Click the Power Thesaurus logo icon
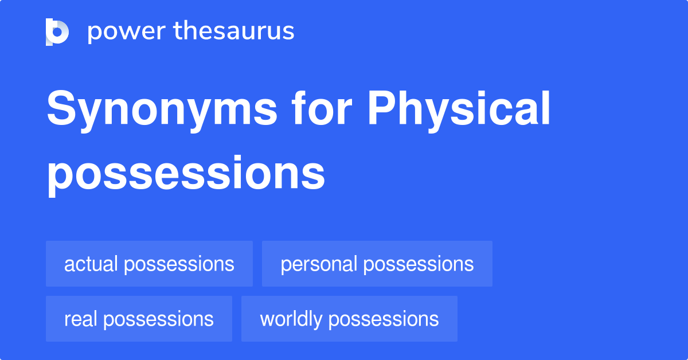(x=57, y=32)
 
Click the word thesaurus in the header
(x=234, y=30)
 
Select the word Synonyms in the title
(x=162, y=111)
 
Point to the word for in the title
(x=322, y=108)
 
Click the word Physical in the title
(x=459, y=111)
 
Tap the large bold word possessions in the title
(x=186, y=175)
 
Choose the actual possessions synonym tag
(x=149, y=264)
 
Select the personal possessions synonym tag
(x=377, y=264)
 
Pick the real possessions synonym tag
(x=139, y=319)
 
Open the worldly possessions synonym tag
(x=349, y=319)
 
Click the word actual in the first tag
(x=91, y=264)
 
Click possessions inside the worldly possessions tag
(x=384, y=320)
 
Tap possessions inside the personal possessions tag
(x=419, y=265)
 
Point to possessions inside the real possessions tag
(x=158, y=320)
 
